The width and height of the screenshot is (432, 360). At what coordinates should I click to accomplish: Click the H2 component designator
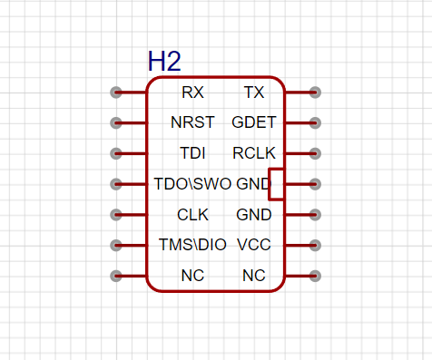point(164,62)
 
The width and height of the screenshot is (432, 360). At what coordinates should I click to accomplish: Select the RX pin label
point(192,92)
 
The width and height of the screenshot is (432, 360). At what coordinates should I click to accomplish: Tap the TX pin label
point(254,92)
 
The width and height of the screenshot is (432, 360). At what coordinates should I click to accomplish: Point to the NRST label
point(192,122)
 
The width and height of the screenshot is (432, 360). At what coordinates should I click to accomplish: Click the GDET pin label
point(254,122)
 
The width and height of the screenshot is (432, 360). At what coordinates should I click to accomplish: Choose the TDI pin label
point(192,153)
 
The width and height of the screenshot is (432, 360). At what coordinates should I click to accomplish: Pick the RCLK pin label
point(254,153)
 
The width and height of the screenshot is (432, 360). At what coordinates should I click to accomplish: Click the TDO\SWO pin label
point(192,184)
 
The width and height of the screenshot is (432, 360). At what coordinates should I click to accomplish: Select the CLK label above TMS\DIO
point(192,215)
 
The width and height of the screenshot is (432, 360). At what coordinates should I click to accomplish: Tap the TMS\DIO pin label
point(192,245)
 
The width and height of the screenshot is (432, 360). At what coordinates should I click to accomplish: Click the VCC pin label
point(254,245)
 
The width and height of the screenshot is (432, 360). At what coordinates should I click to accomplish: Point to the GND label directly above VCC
point(254,215)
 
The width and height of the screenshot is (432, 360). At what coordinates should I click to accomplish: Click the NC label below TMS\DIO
point(192,276)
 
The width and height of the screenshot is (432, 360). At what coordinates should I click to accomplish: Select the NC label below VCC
point(254,276)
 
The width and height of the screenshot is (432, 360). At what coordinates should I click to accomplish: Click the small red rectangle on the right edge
point(269,184)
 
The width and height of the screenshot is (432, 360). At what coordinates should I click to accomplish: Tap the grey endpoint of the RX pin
point(116,92)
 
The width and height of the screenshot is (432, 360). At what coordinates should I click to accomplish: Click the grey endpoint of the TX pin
point(315,92)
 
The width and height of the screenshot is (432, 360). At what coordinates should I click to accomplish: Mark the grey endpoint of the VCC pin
point(315,245)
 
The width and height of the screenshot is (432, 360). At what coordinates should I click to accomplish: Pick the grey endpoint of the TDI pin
point(116,153)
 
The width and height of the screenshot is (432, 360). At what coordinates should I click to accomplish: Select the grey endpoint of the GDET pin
point(315,122)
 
